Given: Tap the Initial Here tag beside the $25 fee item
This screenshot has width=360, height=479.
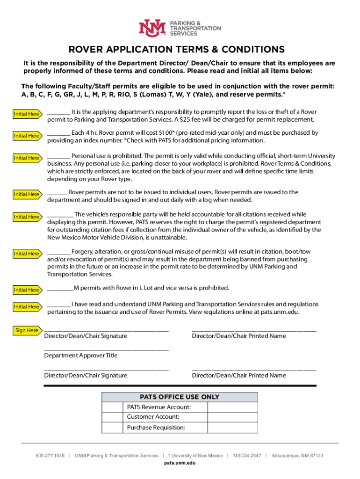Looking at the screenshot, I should pos(26,114).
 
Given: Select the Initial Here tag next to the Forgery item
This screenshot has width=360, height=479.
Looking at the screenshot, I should pos(26,254).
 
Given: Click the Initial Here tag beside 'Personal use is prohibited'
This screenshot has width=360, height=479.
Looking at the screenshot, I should pos(26,158).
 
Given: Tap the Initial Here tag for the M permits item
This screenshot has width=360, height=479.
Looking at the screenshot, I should pos(26,290).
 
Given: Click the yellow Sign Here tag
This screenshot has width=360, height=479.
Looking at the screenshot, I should pos(27,330).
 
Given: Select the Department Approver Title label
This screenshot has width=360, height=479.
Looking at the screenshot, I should pos(81,356).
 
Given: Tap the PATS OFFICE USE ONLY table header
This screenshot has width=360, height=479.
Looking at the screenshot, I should pos(180,397).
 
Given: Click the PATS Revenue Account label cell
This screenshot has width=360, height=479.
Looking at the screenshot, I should pos(159,407).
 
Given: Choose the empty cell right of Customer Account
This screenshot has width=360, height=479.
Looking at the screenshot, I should pos(232,417).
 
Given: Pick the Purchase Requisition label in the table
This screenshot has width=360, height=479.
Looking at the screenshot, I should pos(156,428).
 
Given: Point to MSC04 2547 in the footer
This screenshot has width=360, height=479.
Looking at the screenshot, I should pos(247,456).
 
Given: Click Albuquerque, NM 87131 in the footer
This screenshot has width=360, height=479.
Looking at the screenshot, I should pos(297,456).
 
